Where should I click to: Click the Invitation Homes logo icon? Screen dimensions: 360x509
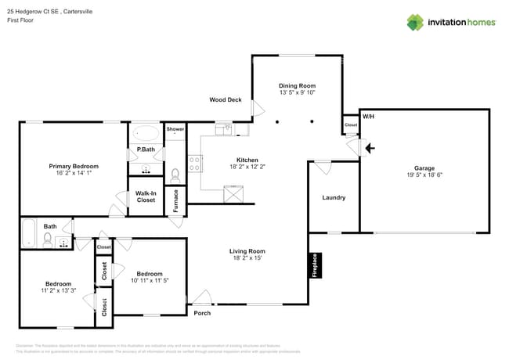pos(415,22)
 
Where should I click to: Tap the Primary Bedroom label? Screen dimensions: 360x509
pos(74,166)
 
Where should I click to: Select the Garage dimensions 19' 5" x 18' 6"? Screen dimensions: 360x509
pos(424,176)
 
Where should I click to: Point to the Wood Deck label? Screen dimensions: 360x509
pos(225,100)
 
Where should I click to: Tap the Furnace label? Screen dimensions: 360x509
pos(175,201)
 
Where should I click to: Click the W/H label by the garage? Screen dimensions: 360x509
pos(369,117)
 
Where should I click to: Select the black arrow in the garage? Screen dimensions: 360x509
pos(370,146)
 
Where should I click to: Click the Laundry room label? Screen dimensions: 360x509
pos(334,198)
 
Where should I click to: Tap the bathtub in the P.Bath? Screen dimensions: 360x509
pos(146,132)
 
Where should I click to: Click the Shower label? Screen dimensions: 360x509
pos(175,128)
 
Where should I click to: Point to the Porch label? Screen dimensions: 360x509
pos(202,313)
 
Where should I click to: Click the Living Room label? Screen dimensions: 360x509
pos(246,251)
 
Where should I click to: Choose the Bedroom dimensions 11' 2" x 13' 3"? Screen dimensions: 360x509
pos(58,291)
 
